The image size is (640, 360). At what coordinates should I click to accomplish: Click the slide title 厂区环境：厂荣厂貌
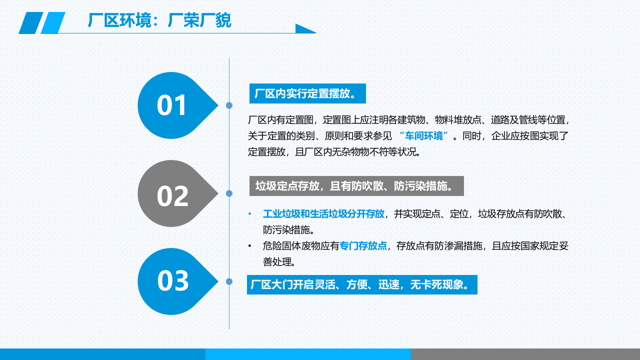click(159, 20)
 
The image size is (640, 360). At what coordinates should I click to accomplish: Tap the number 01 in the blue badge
click(172, 105)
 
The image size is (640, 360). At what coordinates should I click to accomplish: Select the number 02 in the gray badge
click(172, 195)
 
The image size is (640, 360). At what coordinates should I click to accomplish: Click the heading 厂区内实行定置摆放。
click(307, 93)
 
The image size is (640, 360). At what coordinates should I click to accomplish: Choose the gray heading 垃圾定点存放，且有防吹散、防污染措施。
click(356, 186)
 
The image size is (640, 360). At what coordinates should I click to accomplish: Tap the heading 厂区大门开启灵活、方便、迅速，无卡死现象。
click(361, 285)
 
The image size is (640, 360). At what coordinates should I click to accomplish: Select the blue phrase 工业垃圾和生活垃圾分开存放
click(323, 214)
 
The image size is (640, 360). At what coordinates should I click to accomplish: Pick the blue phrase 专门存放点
click(363, 246)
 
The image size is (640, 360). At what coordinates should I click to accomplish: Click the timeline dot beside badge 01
click(229, 105)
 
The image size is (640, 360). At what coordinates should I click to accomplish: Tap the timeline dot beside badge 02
click(229, 193)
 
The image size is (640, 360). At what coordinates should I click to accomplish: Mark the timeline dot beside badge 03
click(229, 281)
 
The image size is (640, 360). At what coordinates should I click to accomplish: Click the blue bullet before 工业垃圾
click(250, 214)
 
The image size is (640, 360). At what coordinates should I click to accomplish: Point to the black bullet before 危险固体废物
click(250, 246)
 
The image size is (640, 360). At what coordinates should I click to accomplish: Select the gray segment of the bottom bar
click(525, 354)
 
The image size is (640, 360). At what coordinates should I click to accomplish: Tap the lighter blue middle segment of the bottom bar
click(308, 354)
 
